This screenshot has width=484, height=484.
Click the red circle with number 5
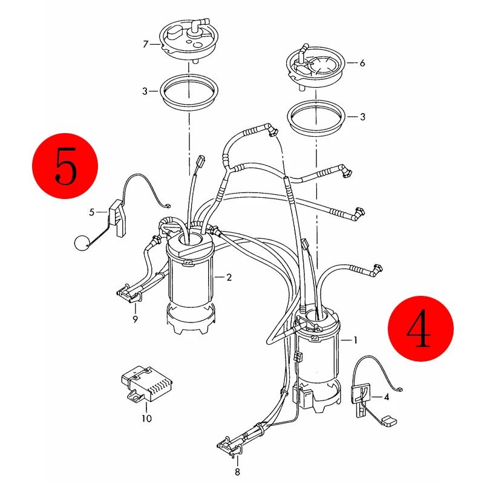coord(65,166)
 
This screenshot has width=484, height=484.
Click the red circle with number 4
coord(420,329)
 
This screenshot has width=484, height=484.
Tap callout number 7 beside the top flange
coord(146,44)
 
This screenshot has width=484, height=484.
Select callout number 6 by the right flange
coord(362,63)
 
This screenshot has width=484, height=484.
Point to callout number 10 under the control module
coord(146,419)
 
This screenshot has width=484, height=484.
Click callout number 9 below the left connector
coord(135,319)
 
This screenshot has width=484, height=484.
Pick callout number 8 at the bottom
coord(237,472)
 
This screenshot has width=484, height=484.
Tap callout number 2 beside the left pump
coord(229,277)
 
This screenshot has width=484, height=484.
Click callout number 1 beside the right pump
coord(356,340)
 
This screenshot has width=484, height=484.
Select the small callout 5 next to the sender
coord(92,212)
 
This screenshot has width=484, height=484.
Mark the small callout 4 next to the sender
coord(387,397)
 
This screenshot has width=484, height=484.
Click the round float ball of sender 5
coord(82,243)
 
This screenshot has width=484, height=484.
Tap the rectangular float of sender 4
coord(390,421)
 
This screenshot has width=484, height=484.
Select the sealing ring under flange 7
coord(189,92)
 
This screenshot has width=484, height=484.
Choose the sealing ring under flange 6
coord(316,117)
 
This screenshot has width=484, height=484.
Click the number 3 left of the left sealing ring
coord(145,91)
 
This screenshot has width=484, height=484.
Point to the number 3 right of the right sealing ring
coord(362,117)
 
